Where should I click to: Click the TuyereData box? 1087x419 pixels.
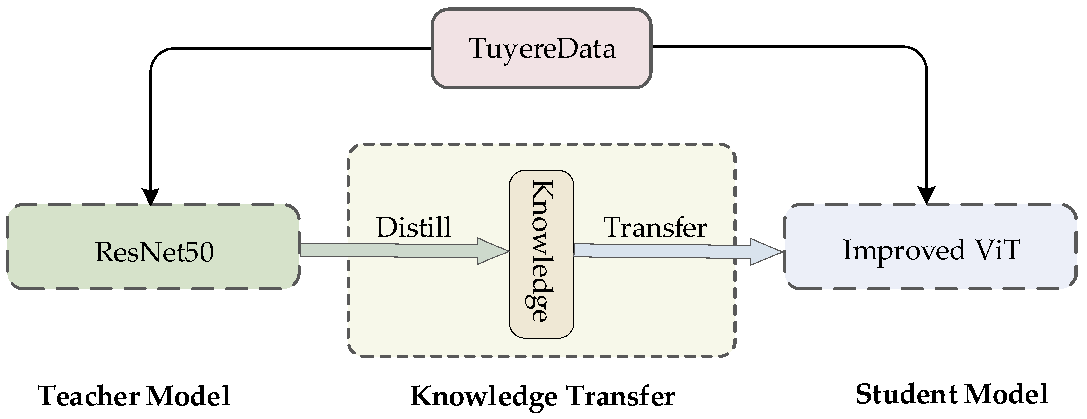tap(542, 48)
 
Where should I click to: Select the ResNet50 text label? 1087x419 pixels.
tap(154, 252)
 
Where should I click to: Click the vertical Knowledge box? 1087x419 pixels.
tap(541, 254)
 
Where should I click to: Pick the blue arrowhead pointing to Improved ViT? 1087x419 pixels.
tap(766, 252)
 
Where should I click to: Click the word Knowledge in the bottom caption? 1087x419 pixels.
tap(484, 397)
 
